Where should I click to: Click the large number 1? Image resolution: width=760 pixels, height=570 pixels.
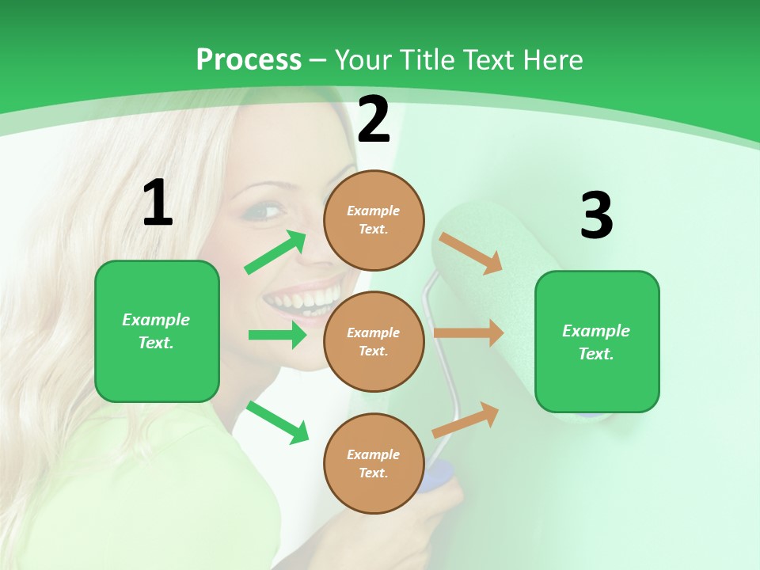click(x=158, y=203)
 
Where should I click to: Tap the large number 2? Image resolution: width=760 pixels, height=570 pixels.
click(x=374, y=120)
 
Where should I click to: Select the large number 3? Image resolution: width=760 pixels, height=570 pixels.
click(x=596, y=216)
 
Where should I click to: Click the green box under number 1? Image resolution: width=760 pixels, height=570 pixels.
click(x=157, y=331)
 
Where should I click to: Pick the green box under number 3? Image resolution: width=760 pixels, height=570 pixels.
click(x=597, y=341)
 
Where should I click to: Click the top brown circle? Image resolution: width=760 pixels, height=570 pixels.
click(x=374, y=220)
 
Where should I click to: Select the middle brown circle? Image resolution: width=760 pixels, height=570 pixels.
click(x=374, y=341)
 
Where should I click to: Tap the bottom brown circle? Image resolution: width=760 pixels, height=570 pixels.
click(x=374, y=463)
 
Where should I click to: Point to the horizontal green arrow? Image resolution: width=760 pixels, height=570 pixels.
click(x=277, y=335)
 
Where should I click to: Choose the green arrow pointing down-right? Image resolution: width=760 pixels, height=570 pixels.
click(x=278, y=422)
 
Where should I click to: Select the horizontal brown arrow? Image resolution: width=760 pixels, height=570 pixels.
click(x=469, y=333)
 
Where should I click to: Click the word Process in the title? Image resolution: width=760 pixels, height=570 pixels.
click(x=249, y=59)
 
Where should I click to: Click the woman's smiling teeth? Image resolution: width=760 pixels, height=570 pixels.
click(x=302, y=299)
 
